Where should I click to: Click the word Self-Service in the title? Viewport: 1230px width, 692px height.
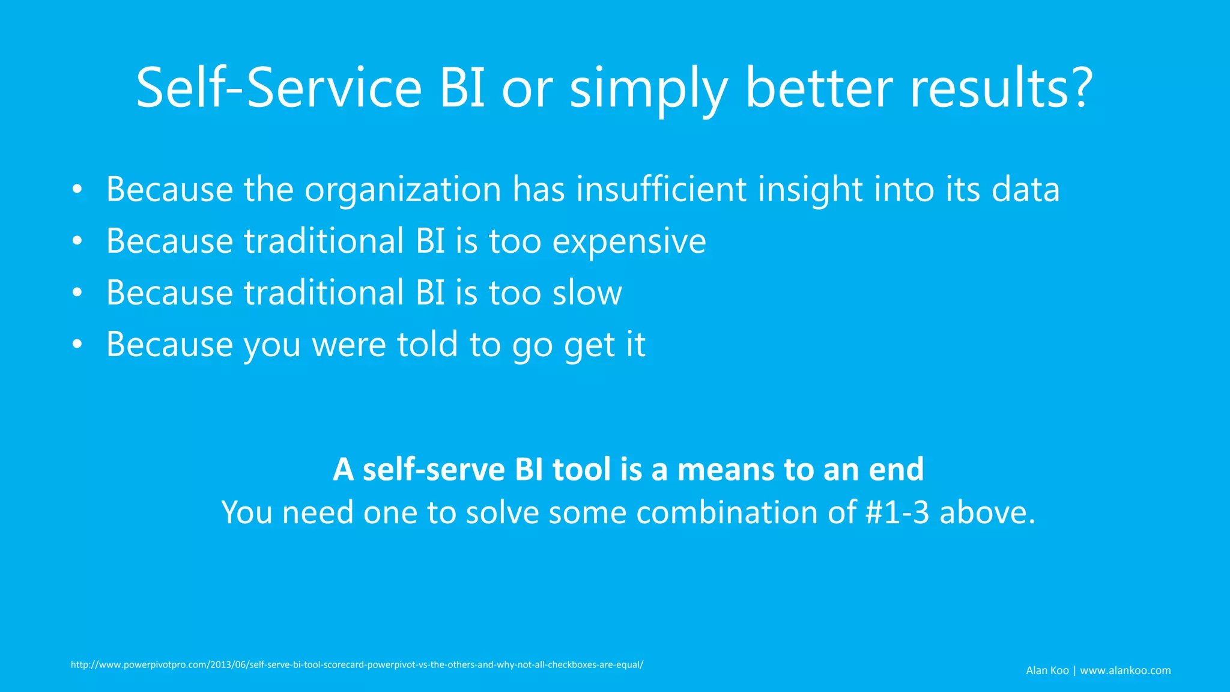click(279, 88)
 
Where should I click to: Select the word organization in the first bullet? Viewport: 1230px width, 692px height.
click(402, 190)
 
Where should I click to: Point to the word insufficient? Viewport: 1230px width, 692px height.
click(661, 190)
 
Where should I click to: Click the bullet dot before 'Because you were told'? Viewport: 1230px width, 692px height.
click(77, 345)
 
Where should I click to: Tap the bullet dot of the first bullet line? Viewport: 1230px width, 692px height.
click(77, 190)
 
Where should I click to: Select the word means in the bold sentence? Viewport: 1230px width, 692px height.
click(725, 470)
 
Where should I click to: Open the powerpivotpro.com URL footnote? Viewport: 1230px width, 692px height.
click(357, 665)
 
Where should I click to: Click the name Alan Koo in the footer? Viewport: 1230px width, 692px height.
click(1047, 670)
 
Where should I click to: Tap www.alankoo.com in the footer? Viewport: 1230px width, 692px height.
click(1125, 670)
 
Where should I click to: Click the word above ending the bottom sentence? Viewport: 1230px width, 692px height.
click(987, 513)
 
